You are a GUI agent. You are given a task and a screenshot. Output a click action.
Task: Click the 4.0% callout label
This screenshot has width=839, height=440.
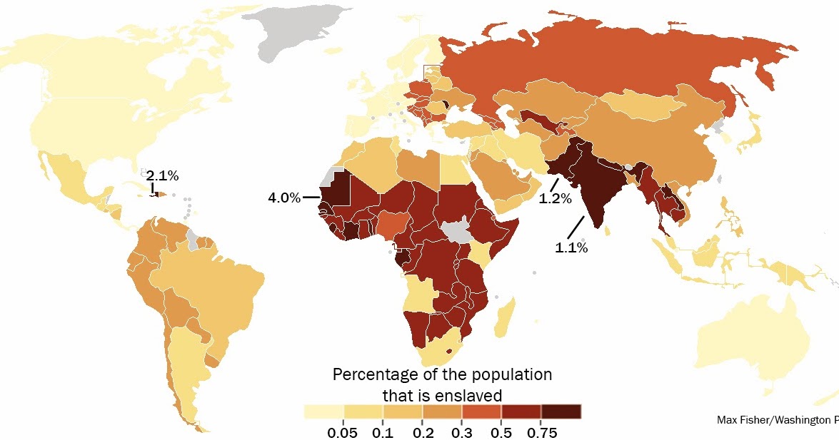click(284, 198)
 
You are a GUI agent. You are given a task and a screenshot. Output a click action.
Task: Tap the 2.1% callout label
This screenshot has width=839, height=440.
click(162, 175)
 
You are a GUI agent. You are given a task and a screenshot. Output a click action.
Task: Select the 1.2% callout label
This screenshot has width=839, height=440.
click(555, 199)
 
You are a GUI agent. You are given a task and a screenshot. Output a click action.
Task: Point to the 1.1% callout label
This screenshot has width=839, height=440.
click(571, 247)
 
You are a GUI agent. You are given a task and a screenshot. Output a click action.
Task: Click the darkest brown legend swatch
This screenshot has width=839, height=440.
click(561, 411)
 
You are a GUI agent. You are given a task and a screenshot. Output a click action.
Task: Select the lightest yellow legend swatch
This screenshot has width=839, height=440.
click(323, 411)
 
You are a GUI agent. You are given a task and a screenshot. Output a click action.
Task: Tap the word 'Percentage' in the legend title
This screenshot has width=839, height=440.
click(374, 374)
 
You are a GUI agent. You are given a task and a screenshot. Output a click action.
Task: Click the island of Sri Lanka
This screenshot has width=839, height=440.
click(608, 231)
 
